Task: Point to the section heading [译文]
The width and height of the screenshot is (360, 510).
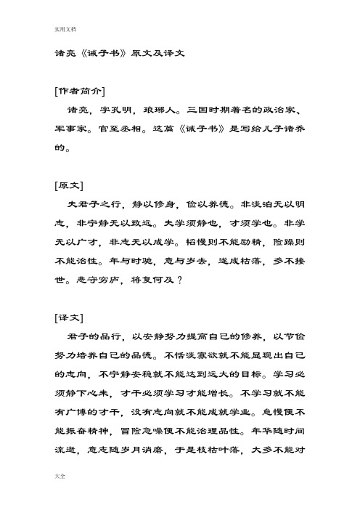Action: coord(66,318)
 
